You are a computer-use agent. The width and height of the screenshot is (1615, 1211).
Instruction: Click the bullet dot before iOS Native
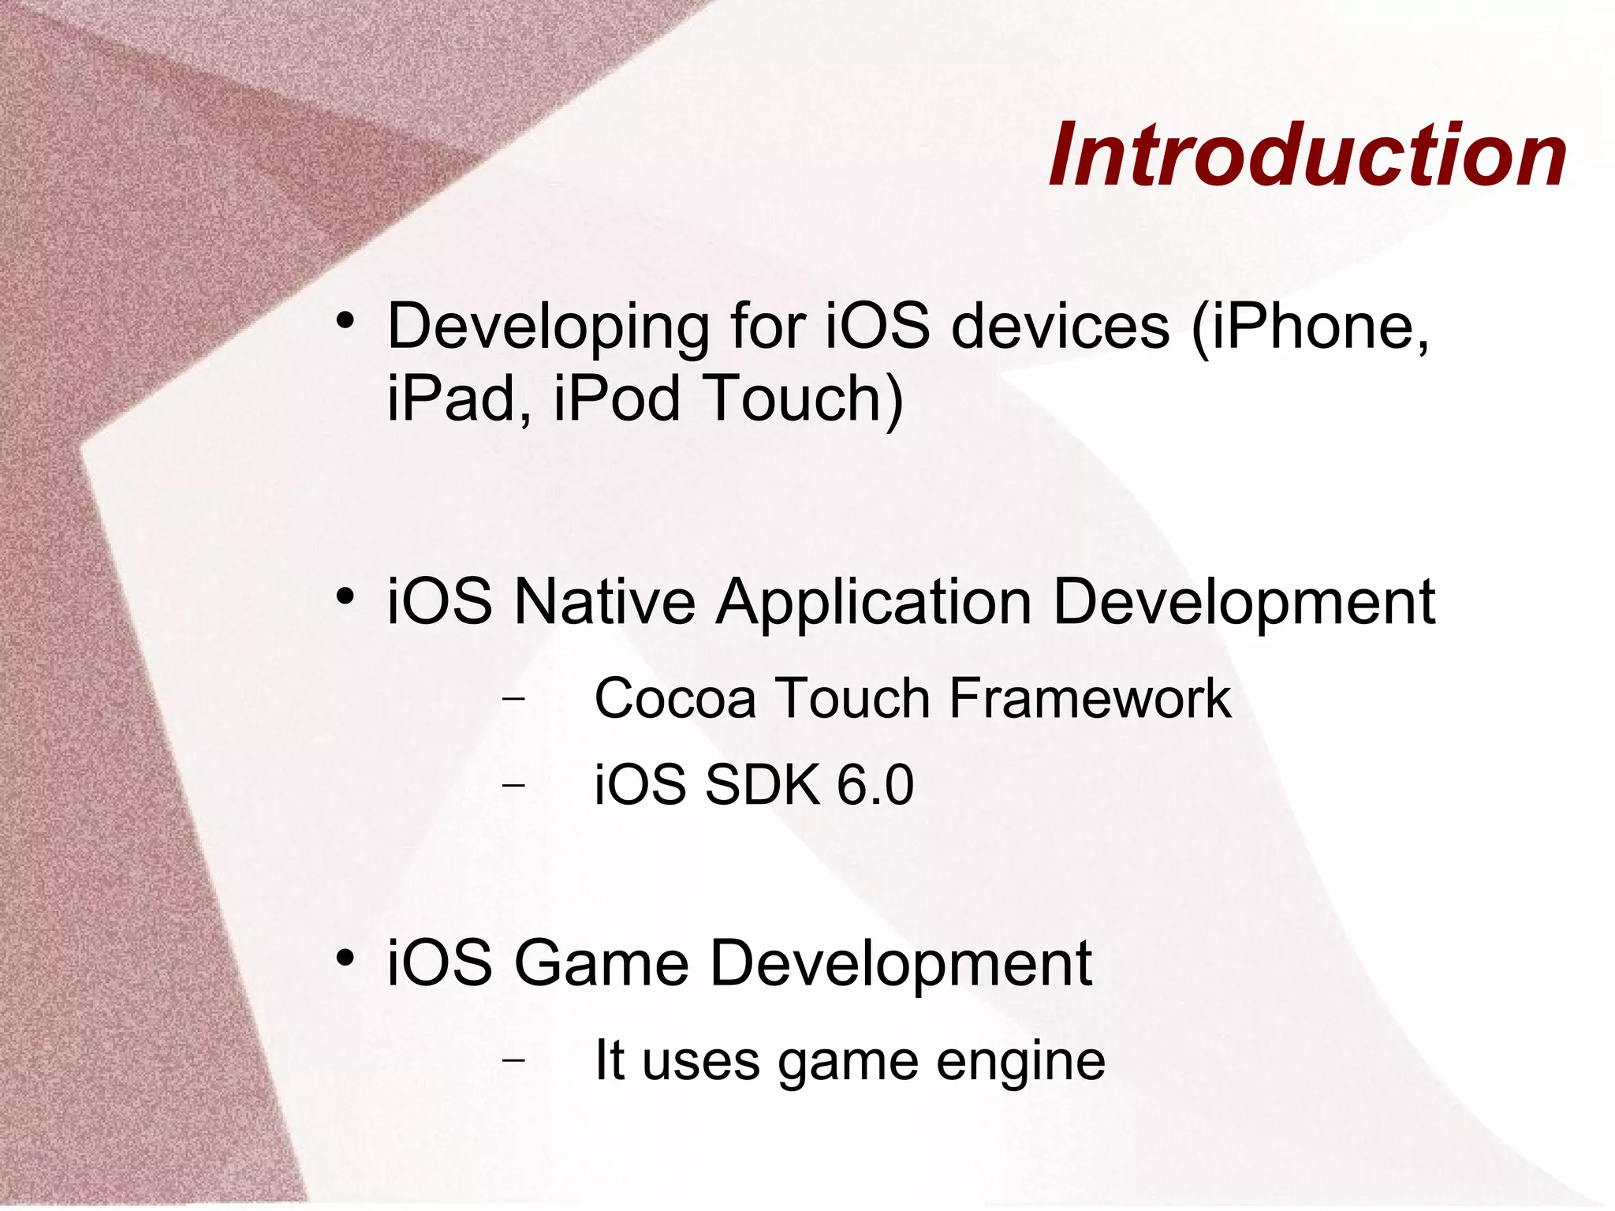click(344, 596)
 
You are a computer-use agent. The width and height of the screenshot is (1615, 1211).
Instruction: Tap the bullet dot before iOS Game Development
click(344, 958)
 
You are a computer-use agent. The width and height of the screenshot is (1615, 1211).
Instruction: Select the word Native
click(605, 602)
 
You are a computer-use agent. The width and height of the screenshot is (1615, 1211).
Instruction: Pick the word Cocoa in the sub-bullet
click(675, 699)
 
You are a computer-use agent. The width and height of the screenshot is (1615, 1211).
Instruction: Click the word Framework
click(1090, 699)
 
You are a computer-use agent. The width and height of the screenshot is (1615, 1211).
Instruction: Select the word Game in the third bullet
click(601, 963)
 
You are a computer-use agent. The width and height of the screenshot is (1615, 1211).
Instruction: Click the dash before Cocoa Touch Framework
click(513, 698)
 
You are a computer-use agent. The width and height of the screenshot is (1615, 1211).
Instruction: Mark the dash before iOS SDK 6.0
click(513, 784)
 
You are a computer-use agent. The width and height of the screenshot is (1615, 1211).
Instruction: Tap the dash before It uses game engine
click(513, 1060)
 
